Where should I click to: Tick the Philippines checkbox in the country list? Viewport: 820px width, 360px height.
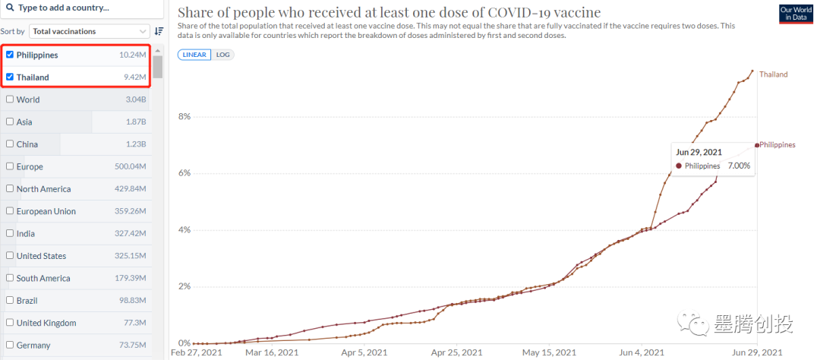(9, 55)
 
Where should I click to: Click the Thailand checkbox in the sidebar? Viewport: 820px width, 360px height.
(9, 77)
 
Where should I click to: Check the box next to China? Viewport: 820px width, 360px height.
(9, 144)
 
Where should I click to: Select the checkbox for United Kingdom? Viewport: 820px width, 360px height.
(9, 323)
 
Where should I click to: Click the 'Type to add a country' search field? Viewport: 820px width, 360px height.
(84, 8)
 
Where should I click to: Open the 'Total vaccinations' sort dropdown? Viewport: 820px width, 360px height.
(90, 31)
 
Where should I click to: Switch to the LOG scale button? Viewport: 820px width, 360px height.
(223, 55)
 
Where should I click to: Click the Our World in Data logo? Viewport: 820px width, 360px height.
(796, 14)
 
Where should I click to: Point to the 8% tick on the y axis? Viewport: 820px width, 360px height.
(184, 116)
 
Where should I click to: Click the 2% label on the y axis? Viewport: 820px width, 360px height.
(184, 286)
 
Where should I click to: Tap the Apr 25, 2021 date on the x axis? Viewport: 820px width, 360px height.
(456, 352)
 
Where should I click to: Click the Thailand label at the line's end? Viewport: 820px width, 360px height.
(774, 74)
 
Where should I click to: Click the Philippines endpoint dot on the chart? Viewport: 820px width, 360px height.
(757, 144)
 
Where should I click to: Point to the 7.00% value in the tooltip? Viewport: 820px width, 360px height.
(739, 165)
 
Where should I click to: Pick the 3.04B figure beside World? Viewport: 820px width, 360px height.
(136, 99)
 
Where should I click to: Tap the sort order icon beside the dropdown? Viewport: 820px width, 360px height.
(159, 31)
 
